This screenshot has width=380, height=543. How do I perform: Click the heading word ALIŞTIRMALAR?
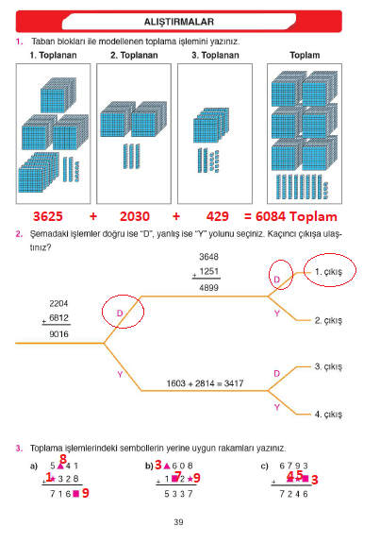[179, 22]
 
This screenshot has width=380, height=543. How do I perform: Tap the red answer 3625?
[48, 216]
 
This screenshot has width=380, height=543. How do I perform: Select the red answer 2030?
[135, 216]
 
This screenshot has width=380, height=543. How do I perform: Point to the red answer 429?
[218, 216]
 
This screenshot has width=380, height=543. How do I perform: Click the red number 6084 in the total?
[271, 216]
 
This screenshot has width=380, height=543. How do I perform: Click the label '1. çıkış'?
[328, 272]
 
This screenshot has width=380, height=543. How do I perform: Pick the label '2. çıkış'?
[328, 320]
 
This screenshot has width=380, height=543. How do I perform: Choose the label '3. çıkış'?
[328, 366]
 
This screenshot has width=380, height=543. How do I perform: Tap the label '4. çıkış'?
[328, 415]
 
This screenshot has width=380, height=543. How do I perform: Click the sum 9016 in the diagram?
[58, 334]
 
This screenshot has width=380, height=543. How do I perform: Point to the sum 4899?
[208, 288]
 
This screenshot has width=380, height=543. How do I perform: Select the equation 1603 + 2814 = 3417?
[205, 383]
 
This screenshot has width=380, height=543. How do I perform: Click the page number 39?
[178, 522]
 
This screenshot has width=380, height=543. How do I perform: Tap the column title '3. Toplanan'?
[215, 56]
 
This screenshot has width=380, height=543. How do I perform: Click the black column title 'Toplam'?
[305, 56]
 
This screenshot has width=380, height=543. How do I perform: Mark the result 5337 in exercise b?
[178, 494]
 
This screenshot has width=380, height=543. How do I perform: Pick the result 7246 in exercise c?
[293, 494]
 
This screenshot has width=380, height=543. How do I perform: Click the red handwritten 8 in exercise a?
[63, 459]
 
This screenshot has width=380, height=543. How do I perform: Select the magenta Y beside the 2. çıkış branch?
[277, 314]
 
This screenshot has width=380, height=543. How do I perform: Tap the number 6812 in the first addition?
[58, 318]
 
